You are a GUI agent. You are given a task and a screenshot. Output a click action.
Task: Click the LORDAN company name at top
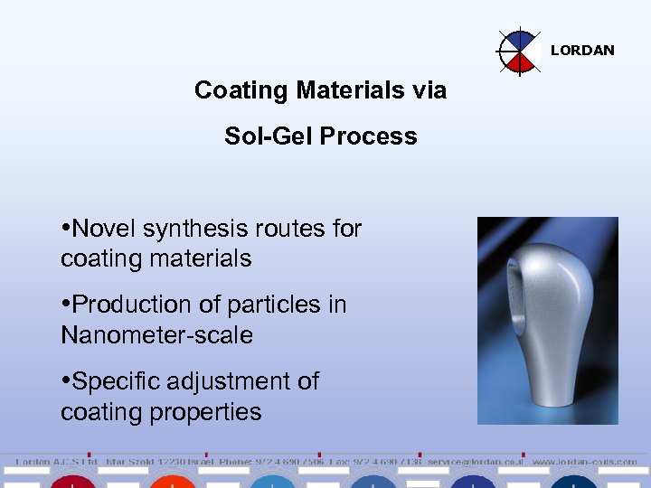pyautogui.click(x=582, y=51)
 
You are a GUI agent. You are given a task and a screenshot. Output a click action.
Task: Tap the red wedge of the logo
pyautogui.click(x=521, y=61)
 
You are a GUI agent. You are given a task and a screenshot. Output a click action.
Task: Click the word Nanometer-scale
pyautogui.click(x=156, y=335)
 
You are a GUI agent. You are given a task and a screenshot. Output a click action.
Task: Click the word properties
pyautogui.click(x=205, y=412)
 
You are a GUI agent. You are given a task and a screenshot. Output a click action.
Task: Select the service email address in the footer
pyautogui.click(x=476, y=462)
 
